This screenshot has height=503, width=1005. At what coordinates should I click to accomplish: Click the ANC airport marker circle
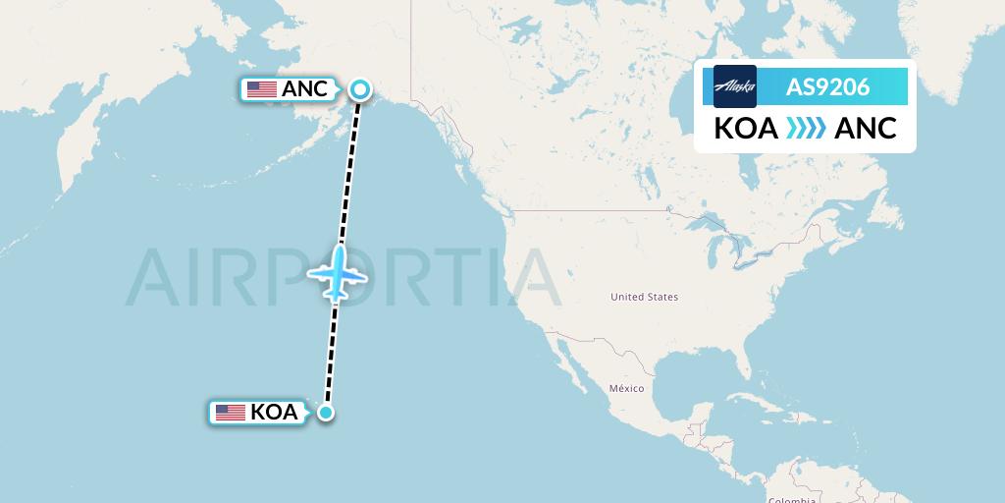(x=360, y=89)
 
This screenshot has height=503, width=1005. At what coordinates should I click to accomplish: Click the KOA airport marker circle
(x=326, y=413)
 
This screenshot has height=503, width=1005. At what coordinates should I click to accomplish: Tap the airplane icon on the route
(x=338, y=274)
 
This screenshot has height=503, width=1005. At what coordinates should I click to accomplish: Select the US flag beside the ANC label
(x=262, y=89)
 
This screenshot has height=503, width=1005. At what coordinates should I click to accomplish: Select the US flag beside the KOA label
(x=231, y=413)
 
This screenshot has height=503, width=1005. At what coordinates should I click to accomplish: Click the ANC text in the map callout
(x=304, y=89)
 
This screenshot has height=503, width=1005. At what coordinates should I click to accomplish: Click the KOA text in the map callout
(x=274, y=413)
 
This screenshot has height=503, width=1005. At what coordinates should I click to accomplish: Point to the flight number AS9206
(x=827, y=86)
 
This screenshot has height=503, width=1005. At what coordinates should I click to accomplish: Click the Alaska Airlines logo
(x=735, y=86)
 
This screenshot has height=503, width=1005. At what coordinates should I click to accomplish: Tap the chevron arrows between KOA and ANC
(x=806, y=129)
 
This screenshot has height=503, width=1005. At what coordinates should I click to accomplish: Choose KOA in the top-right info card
(x=746, y=129)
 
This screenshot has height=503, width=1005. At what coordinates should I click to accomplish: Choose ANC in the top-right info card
(x=866, y=129)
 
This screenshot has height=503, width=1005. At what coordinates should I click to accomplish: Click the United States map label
(x=644, y=297)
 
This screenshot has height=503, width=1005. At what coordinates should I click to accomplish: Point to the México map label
(x=626, y=389)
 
